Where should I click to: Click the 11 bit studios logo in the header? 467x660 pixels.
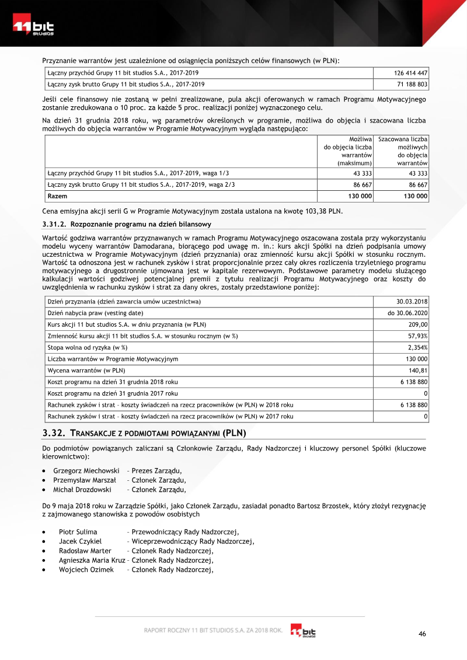tap(34, 27)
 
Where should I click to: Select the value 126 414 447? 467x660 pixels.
tap(411, 73)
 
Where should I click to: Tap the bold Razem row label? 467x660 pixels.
tap(57, 196)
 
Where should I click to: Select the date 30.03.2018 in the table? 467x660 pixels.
tap(412, 301)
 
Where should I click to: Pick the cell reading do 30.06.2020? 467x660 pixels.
tap(407, 313)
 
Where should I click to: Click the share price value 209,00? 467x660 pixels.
tap(417, 324)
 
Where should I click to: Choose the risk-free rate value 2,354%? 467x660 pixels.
tap(417, 347)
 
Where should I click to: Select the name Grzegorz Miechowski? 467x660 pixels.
tap(86, 470)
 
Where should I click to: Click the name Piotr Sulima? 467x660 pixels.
tap(78, 532)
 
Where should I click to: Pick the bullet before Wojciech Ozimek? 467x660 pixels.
tap(45, 570)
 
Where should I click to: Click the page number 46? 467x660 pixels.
tap(423, 634)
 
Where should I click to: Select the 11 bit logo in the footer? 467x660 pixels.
tap(304, 631)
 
